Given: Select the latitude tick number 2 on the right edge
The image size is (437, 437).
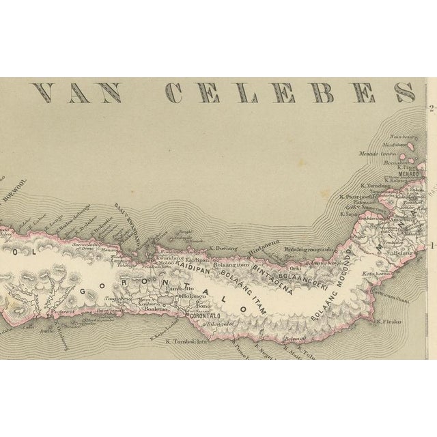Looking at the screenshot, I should coord(432,108).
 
